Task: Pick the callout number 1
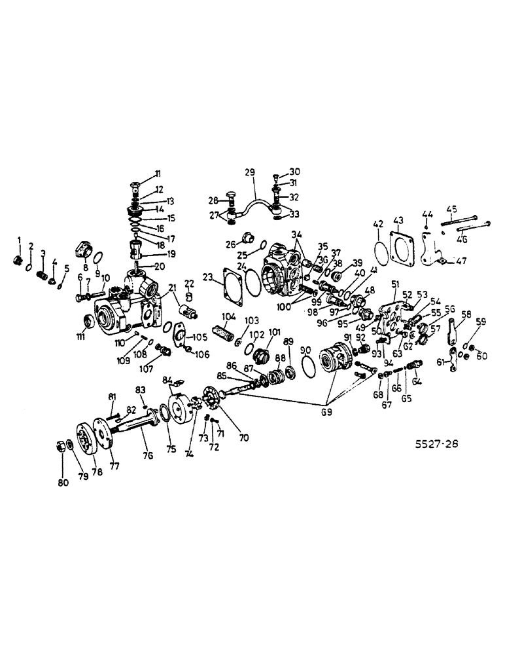point(20,240)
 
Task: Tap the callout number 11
point(157,173)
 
